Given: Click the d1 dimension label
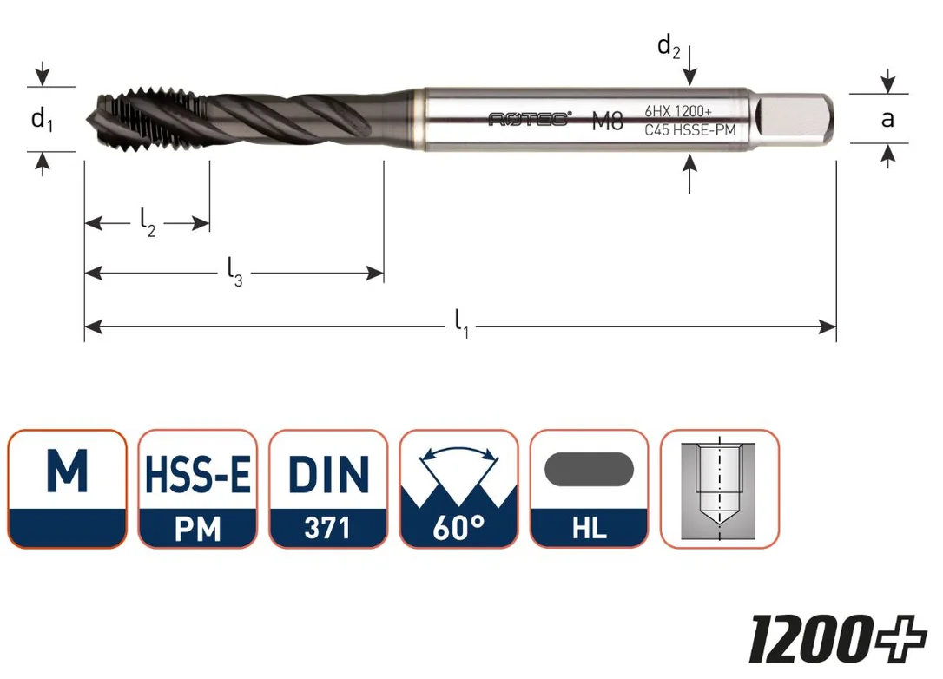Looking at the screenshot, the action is (42, 119).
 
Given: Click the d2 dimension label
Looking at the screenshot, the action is (669, 46).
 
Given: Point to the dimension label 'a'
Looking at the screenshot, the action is (887, 119).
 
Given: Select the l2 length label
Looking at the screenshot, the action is (148, 222).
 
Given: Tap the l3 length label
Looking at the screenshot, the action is (234, 272).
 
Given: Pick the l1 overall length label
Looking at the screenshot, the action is (461, 323).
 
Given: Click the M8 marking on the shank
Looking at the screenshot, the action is (608, 121).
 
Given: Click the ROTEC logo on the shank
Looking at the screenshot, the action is (529, 119).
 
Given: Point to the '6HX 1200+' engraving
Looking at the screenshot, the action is (678, 111).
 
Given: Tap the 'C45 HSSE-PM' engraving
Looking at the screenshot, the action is (689, 129).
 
